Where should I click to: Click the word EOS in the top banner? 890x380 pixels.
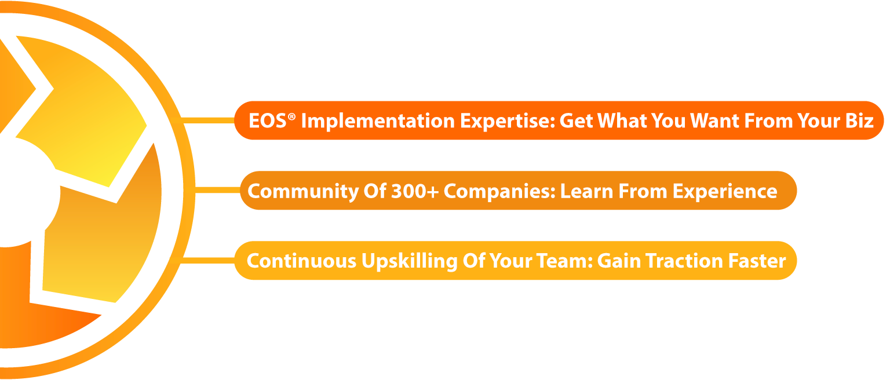tap(267, 120)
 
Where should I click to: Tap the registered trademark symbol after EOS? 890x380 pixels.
tap(291, 116)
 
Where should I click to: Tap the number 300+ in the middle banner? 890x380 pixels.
tap(415, 191)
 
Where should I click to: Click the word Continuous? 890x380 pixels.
tap(301, 261)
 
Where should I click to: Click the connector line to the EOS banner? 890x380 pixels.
tap(207, 120)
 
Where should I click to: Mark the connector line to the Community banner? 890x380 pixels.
tap(217, 190)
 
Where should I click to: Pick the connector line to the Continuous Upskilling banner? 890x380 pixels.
tap(207, 261)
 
